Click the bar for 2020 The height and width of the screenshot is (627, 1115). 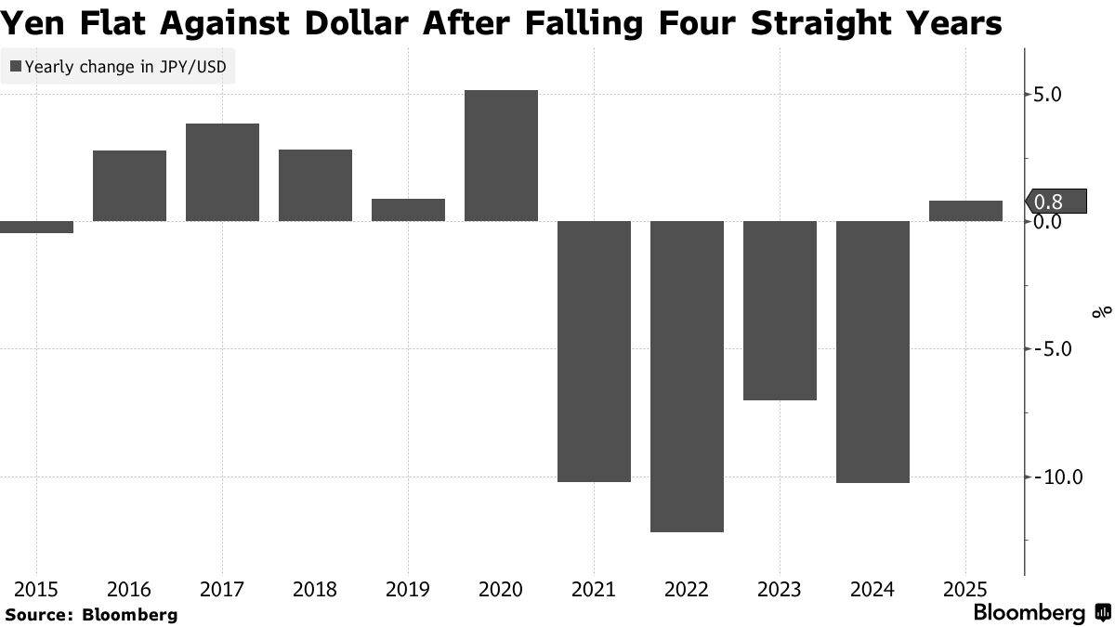[x=501, y=156]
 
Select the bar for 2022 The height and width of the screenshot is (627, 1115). [x=687, y=376]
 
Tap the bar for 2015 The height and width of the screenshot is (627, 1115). [x=36, y=227]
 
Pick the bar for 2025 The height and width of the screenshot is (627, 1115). [x=965, y=211]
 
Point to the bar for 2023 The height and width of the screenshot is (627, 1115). [x=780, y=310]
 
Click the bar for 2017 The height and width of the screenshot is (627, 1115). [x=222, y=173]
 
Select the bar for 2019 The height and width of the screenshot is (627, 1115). [x=408, y=210]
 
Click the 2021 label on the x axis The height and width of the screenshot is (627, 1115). [x=594, y=589]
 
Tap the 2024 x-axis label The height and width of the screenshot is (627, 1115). [x=872, y=589]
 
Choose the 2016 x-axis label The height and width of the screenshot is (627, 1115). [x=129, y=589]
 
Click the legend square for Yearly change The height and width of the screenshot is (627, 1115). [x=15, y=66]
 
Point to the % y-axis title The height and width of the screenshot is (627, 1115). [x=1102, y=312]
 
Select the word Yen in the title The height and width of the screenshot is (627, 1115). [x=33, y=22]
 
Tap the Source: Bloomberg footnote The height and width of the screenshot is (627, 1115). [x=91, y=614]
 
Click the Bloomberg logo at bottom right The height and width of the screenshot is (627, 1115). [x=1041, y=613]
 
